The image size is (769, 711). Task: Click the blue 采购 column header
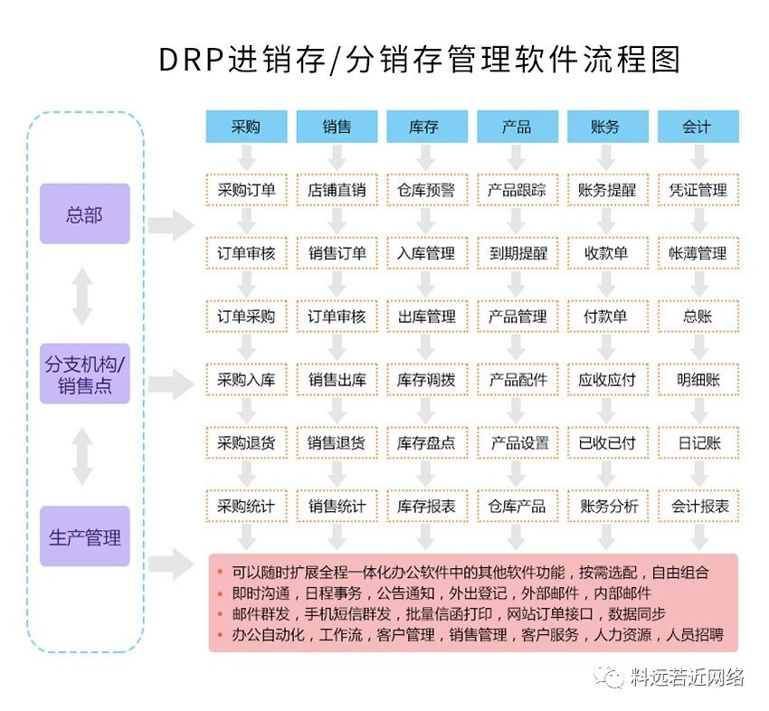coord(246,127)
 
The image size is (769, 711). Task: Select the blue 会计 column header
coord(697,127)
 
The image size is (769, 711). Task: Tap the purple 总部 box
coord(84,214)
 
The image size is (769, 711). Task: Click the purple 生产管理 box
coord(84,536)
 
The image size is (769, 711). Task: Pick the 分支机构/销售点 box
coord(84,375)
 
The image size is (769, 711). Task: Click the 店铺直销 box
coord(337,190)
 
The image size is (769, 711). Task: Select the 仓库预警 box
coord(426,190)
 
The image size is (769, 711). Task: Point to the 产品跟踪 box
coord(517,190)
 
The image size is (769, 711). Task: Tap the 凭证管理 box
coord(697,190)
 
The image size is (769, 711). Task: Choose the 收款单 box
coord(606,253)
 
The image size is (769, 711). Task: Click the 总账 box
coord(697,317)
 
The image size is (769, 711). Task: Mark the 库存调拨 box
coord(426,380)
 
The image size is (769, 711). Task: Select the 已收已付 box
coord(606,443)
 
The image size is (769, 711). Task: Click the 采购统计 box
coord(246,506)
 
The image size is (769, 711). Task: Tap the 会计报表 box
coord(697,506)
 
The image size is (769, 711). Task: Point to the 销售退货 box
coord(337,443)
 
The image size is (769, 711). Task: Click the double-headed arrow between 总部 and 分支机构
coord(82,295)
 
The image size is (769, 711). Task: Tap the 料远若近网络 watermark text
coord(687,677)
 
